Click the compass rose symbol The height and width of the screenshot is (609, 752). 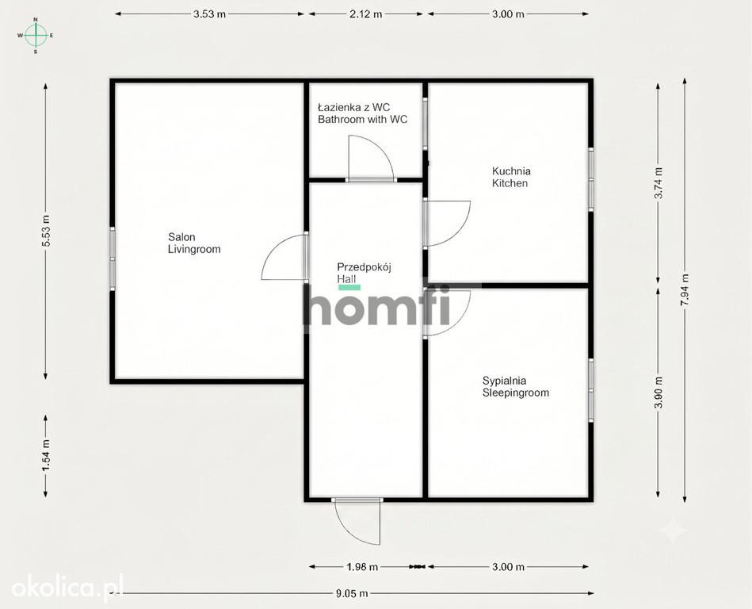tap(36, 35)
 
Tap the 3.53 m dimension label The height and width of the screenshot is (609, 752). tap(209, 14)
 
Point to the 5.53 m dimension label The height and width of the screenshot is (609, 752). tap(46, 231)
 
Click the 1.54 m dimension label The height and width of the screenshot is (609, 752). tap(46, 455)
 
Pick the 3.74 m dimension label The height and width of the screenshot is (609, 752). tap(658, 183)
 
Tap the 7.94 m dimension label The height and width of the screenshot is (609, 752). tap(685, 290)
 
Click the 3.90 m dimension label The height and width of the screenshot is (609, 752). tap(658, 392)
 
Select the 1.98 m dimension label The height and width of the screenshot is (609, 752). tap(362, 567)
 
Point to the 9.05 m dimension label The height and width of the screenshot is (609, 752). tap(352, 594)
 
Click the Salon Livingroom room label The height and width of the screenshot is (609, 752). tap(194, 243)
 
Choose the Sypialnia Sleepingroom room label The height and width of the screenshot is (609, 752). tap(516, 387)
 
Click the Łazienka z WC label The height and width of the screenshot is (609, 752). tap(354, 107)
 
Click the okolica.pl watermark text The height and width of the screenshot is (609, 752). tap(67, 588)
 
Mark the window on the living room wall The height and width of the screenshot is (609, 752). tap(113, 259)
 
